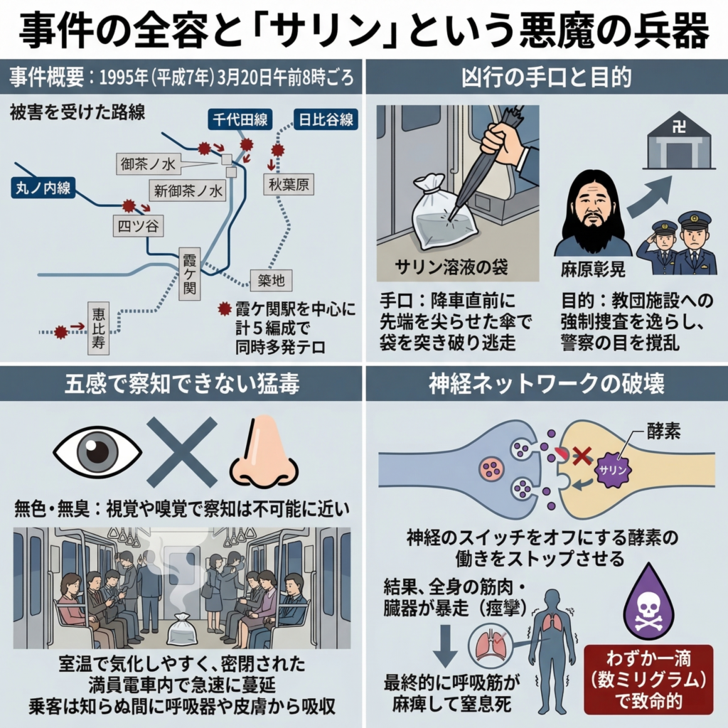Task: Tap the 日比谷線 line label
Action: [x=326, y=119]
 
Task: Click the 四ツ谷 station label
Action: [x=138, y=227]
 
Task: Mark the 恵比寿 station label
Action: [x=99, y=329]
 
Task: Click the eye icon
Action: [x=97, y=451]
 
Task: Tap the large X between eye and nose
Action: [x=181, y=451]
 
